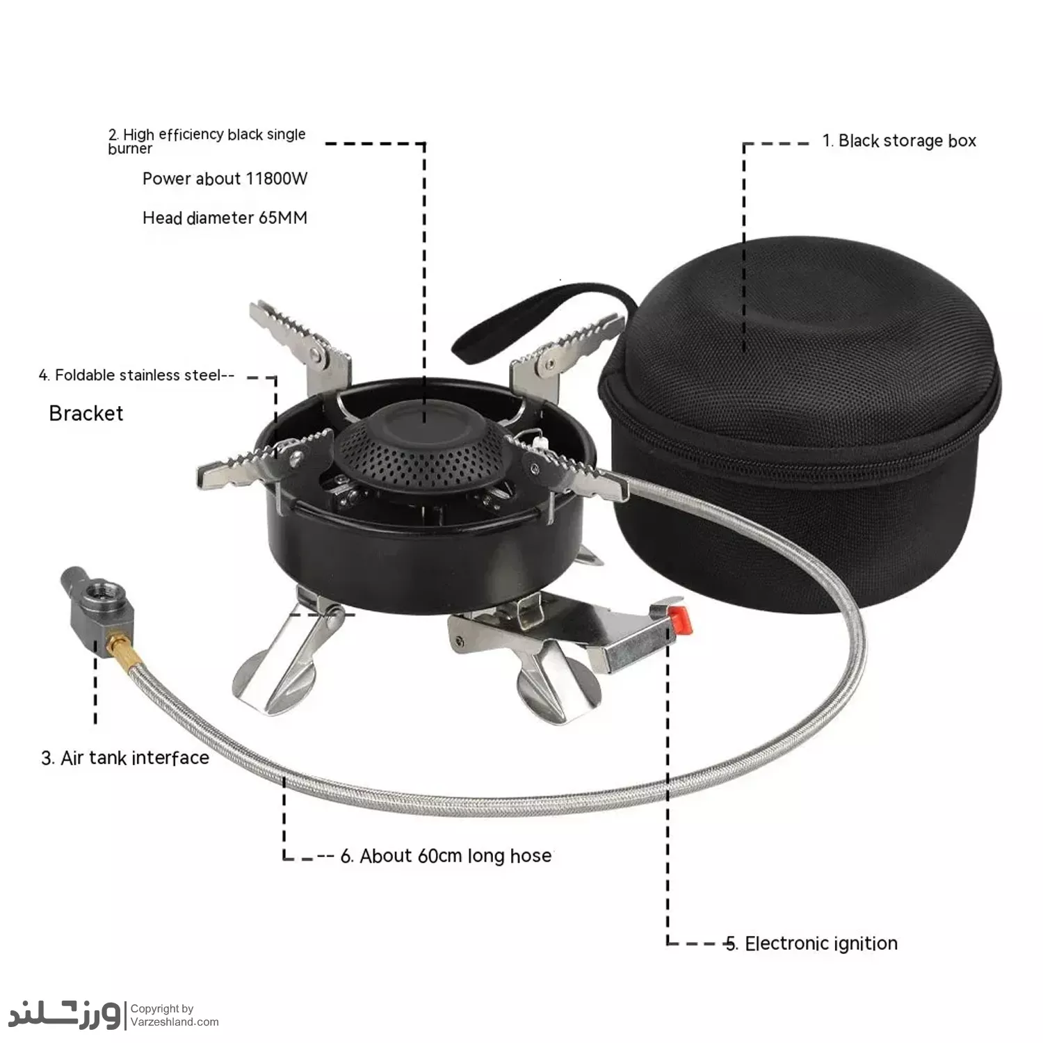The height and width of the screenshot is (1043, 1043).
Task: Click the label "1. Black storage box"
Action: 899,140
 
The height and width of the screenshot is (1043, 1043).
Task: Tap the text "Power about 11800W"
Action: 225,179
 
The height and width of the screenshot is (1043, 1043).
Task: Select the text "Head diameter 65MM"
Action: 225,218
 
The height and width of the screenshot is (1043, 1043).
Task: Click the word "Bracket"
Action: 86,413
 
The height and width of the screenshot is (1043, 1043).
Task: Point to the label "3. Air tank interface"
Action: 125,757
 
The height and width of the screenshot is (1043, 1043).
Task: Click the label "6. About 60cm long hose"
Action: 446,855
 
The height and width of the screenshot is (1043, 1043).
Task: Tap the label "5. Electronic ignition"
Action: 811,944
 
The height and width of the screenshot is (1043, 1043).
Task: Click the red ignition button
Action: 681,617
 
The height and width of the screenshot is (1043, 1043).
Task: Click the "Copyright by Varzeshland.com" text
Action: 174,1015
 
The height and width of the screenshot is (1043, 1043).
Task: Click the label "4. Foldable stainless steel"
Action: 136,375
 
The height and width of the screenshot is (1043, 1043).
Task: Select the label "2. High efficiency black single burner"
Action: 207,140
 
